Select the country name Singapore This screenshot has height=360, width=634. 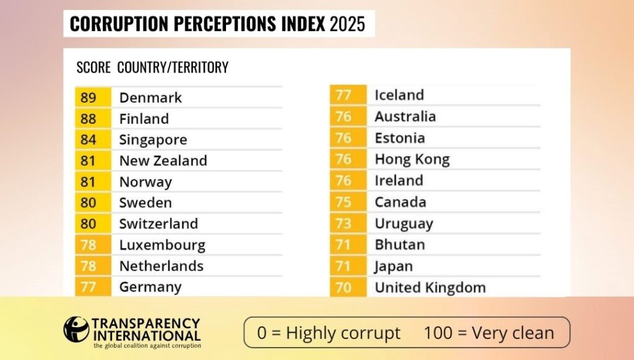pos(153,139)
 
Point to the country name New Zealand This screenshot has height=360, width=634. pos(163,160)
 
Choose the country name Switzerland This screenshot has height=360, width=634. pos(158,224)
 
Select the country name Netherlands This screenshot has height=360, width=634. pos(161,266)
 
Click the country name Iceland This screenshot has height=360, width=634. pos(399,95)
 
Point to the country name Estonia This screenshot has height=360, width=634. pos(399,138)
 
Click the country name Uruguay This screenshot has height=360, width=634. pos(404,223)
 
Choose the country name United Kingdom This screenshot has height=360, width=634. pos(430,288)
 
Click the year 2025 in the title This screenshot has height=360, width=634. pos(347,24)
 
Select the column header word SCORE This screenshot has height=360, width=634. pos(93,68)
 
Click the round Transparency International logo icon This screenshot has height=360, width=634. pos(76,329)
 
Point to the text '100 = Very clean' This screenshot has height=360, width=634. pos(489,333)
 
